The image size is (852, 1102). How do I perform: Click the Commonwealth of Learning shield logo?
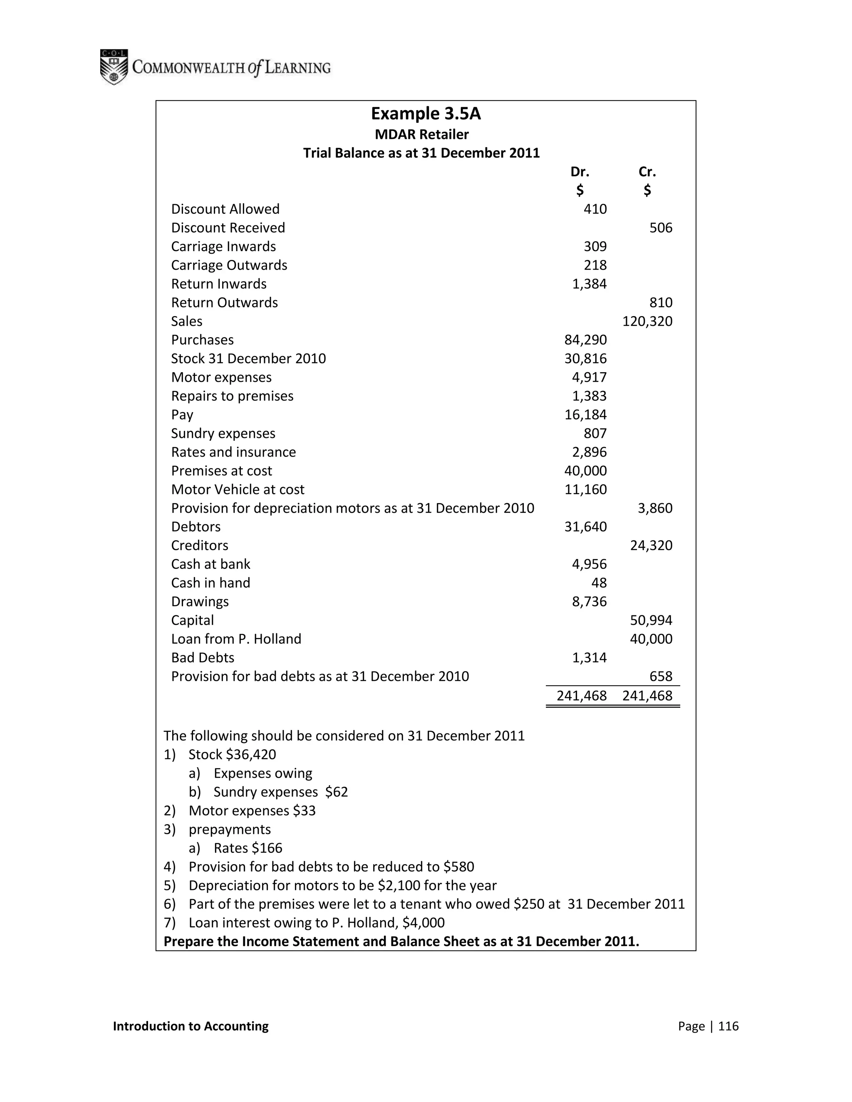(114, 67)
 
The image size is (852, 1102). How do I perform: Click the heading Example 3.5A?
(426, 114)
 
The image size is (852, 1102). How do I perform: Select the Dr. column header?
(580, 172)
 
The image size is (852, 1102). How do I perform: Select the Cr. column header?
(646, 172)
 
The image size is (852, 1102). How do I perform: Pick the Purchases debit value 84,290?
(585, 340)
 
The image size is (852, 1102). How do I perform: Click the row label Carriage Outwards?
(229, 265)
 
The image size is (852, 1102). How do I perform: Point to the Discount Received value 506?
(661, 228)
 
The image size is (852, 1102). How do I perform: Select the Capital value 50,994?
(651, 620)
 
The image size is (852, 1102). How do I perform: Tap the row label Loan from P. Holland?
(236, 639)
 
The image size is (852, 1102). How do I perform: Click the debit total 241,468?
(582, 696)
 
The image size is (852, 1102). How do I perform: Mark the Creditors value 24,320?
(651, 546)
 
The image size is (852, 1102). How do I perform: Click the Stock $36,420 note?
(232, 755)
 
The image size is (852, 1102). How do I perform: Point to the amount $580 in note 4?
(458, 867)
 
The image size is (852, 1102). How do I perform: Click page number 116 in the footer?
(728, 1026)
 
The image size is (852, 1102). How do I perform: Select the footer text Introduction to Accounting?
(191, 1026)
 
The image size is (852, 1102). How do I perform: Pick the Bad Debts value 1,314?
(589, 658)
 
